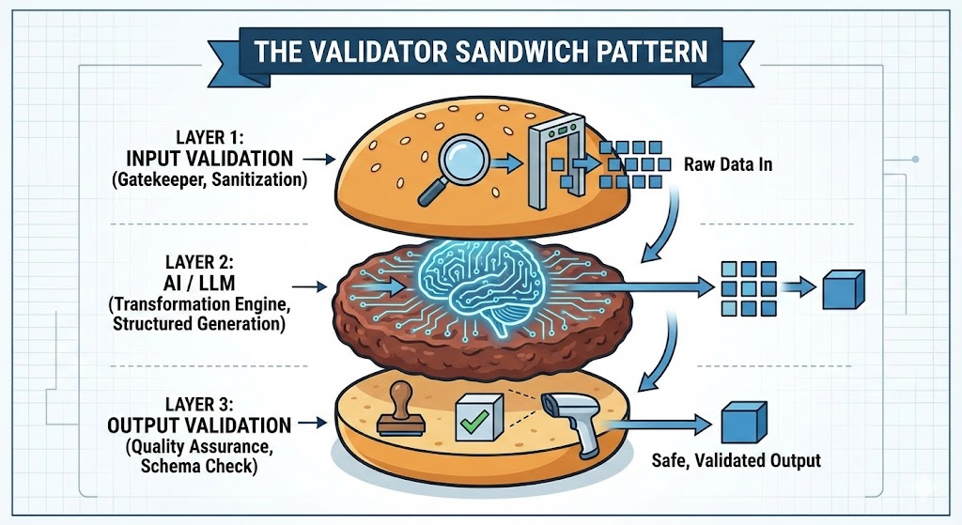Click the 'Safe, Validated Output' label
pos(736,460)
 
